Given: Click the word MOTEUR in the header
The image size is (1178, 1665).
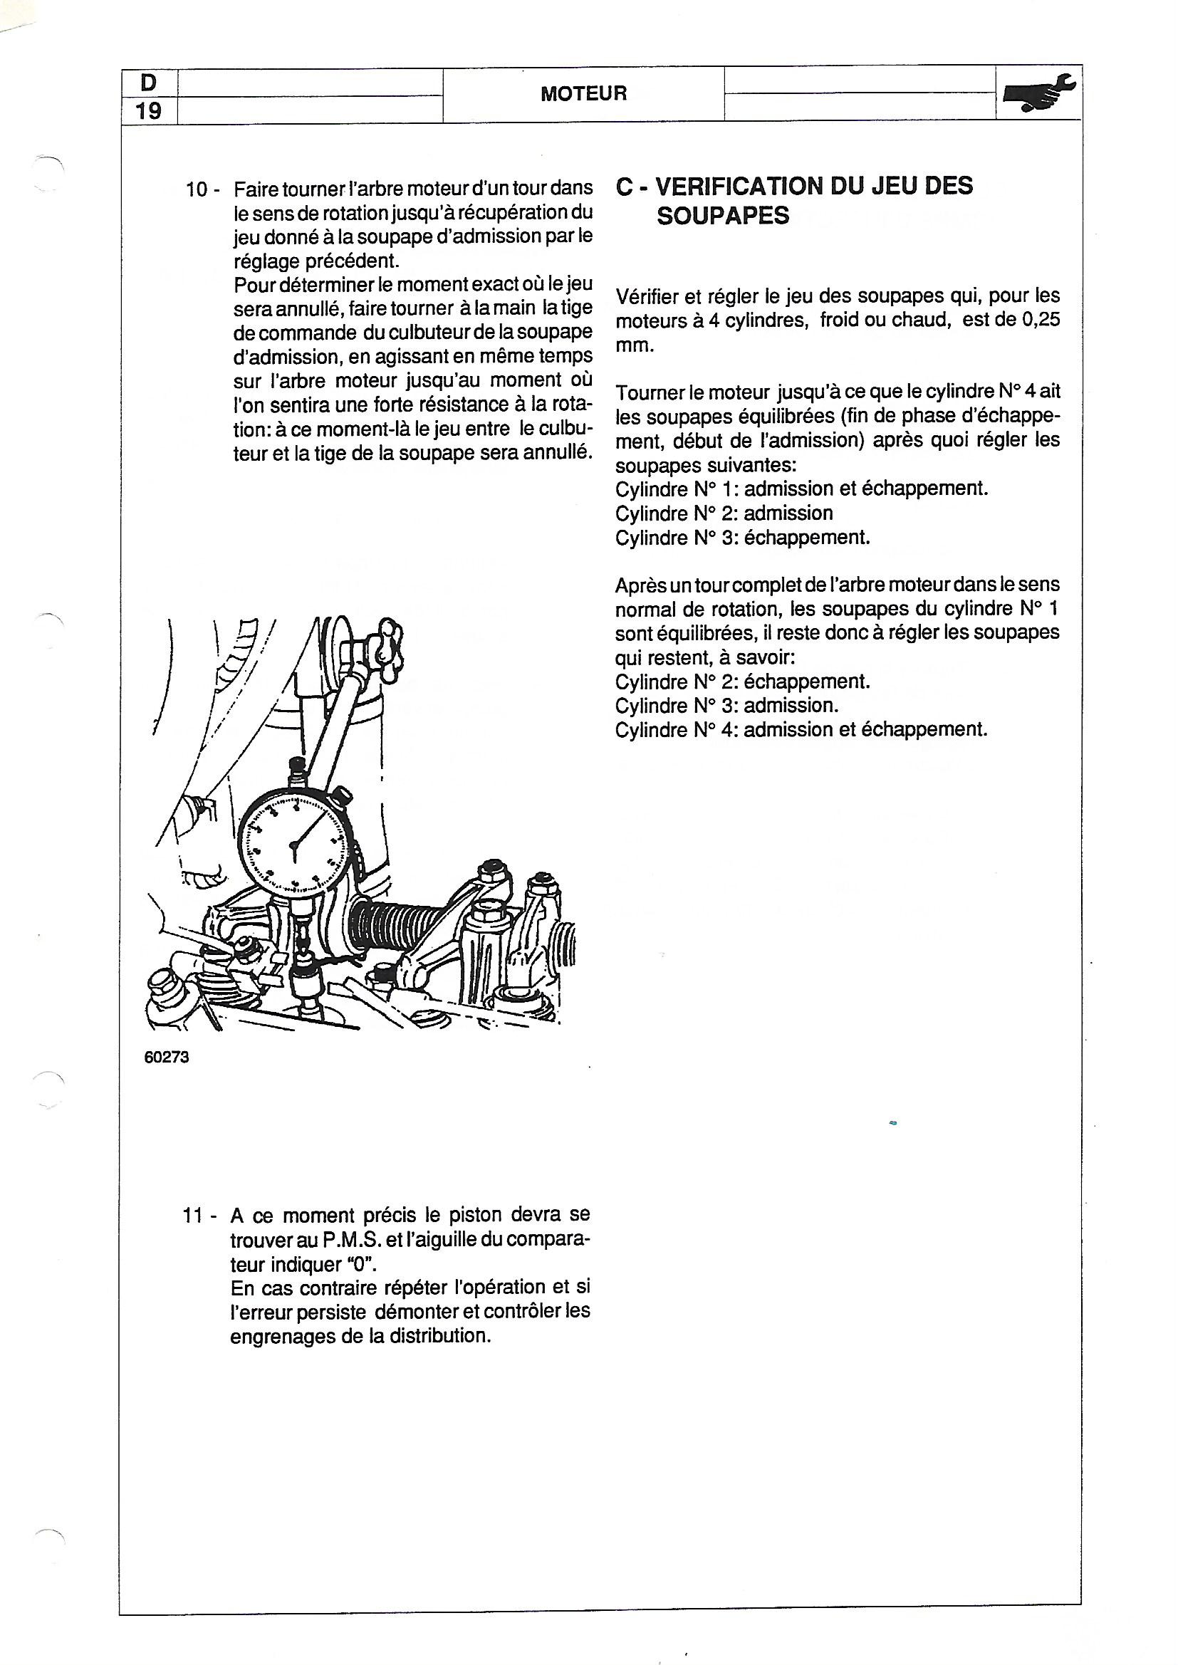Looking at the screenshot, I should click(583, 93).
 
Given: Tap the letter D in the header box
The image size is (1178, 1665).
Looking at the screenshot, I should click(148, 83).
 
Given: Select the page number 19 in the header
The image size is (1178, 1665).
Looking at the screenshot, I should click(148, 111).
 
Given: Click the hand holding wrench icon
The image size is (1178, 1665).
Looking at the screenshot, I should click(1038, 93).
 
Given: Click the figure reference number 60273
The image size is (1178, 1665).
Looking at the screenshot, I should click(167, 1058).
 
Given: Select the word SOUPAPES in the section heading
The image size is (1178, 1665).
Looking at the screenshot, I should click(722, 216).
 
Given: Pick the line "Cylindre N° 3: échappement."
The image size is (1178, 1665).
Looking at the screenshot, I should click(742, 538).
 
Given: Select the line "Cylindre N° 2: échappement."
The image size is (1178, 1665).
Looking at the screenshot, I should click(742, 682).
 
